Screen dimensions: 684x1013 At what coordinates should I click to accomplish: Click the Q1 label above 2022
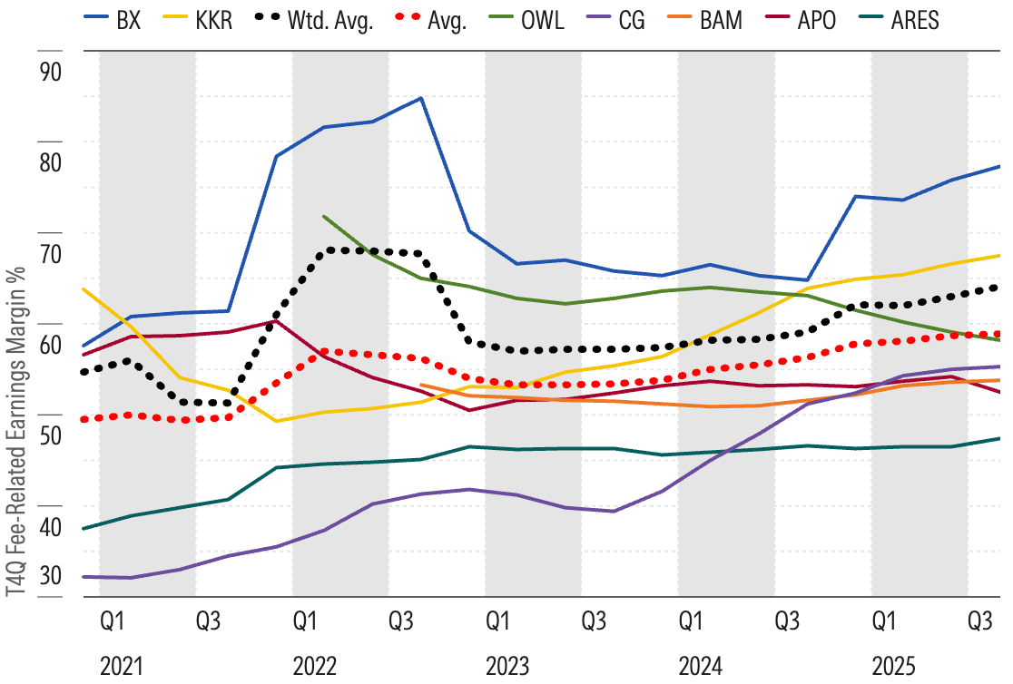(x=304, y=621)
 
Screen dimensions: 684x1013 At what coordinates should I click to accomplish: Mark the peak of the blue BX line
(x=421, y=98)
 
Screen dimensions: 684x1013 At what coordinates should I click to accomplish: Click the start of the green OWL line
(x=324, y=216)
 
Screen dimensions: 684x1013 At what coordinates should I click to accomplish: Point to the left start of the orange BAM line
(x=421, y=385)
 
